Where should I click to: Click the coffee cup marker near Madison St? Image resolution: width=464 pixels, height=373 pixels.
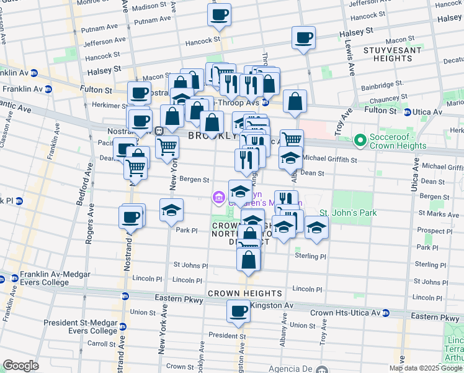click(x=219, y=15)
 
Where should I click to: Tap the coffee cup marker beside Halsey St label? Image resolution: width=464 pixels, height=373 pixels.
click(x=303, y=39)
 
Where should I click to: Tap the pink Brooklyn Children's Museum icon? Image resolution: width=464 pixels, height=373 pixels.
click(x=217, y=198)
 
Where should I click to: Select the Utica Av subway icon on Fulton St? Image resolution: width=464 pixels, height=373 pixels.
click(x=407, y=113)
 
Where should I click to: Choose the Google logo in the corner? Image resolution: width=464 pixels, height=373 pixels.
click(x=20, y=366)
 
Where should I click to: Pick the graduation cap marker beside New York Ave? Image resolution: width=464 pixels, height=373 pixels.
click(x=172, y=210)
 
